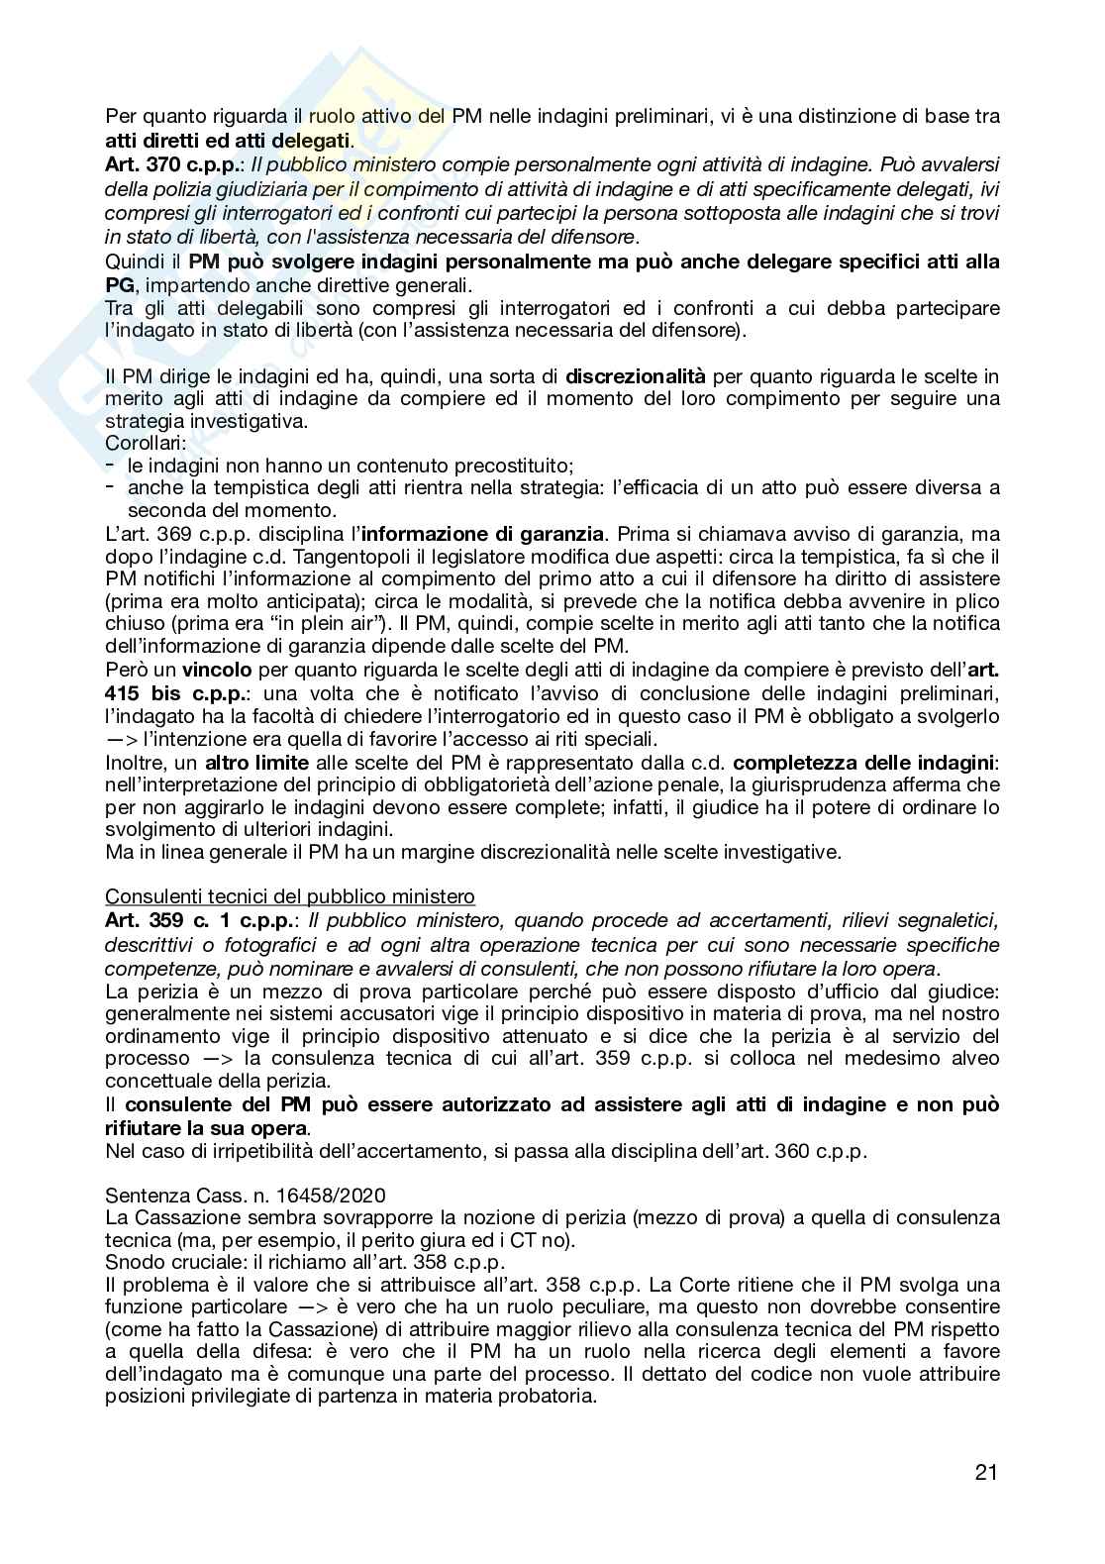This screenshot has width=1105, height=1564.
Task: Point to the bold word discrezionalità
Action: [636, 375]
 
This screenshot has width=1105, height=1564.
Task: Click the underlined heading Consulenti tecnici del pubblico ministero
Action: [289, 896]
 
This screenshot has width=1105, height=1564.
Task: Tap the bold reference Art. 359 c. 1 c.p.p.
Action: [200, 920]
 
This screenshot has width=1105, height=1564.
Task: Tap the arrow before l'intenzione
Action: [121, 739]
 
